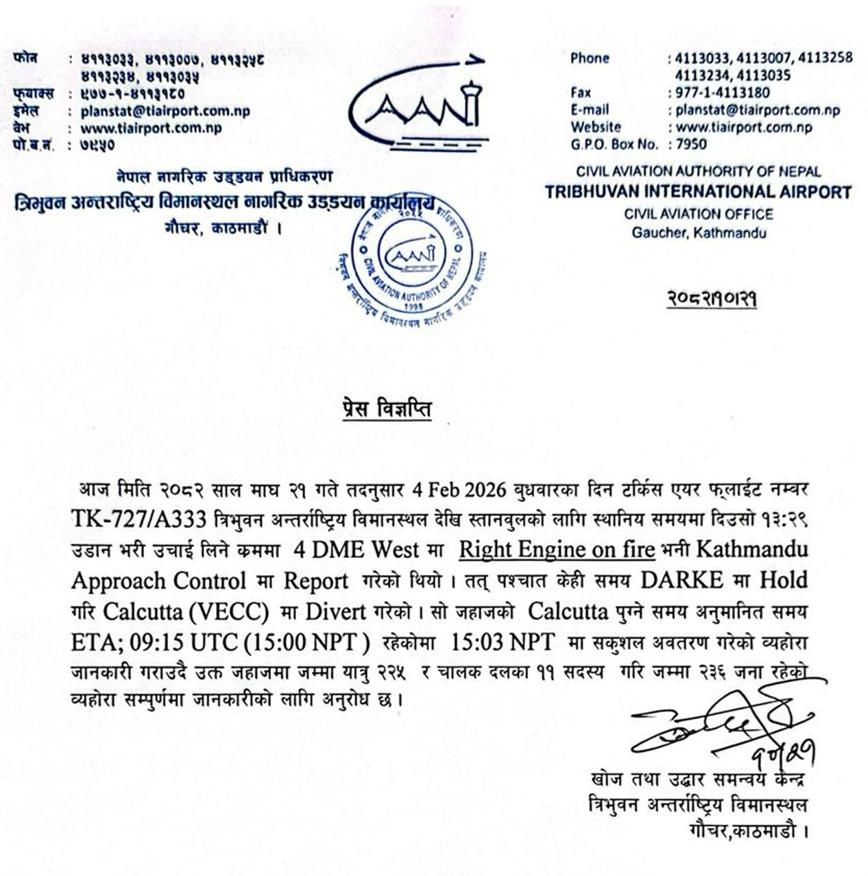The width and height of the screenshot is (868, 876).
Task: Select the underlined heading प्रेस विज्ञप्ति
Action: coord(387,409)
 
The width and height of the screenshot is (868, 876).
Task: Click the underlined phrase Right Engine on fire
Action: coord(557,550)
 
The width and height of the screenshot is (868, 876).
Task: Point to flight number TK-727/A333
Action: coord(138,520)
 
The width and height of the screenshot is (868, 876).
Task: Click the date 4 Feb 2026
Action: coord(459,490)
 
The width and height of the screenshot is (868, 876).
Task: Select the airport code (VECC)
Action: coord(232,611)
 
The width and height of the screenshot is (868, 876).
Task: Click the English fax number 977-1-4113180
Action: coord(723,93)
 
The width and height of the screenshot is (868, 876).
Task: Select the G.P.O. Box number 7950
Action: coord(690,144)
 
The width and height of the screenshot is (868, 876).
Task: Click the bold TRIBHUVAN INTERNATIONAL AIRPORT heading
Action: coord(698,192)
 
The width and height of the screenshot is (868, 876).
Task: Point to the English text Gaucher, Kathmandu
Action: coord(699,233)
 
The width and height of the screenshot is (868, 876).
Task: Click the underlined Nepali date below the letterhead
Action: coord(712,299)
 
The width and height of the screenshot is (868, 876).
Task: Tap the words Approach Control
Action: coord(158,581)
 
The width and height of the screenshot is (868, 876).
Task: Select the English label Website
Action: coord(595,127)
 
